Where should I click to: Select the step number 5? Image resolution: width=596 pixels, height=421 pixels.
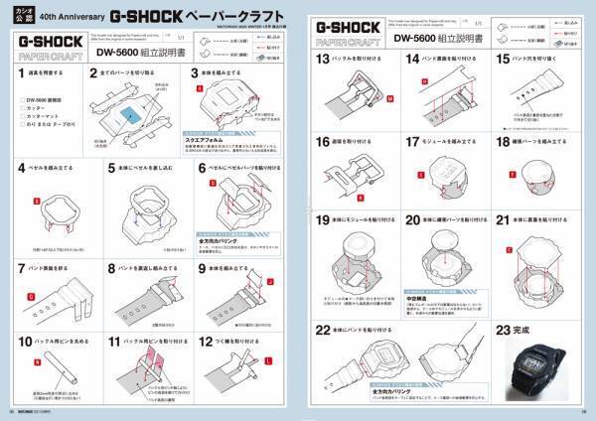112,168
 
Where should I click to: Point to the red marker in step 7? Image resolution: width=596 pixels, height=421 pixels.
30,296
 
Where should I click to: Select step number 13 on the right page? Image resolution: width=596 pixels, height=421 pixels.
322,60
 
